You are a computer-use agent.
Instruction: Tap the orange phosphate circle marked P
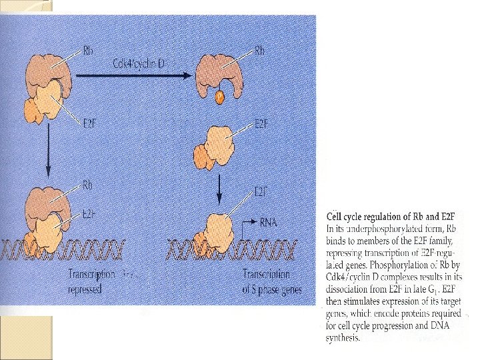220,100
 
